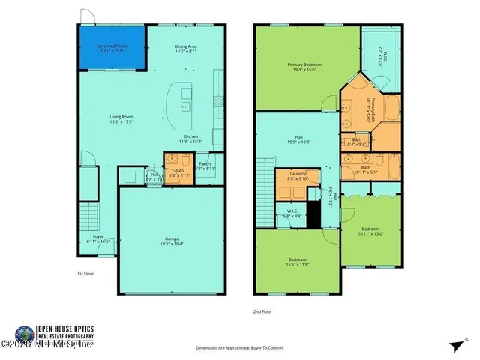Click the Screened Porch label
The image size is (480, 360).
(x=112, y=49)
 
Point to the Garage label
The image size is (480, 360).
(x=172, y=239)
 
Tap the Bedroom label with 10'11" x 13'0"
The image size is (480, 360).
(x=370, y=231)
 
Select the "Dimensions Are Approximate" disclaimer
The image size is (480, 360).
(x=240, y=348)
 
